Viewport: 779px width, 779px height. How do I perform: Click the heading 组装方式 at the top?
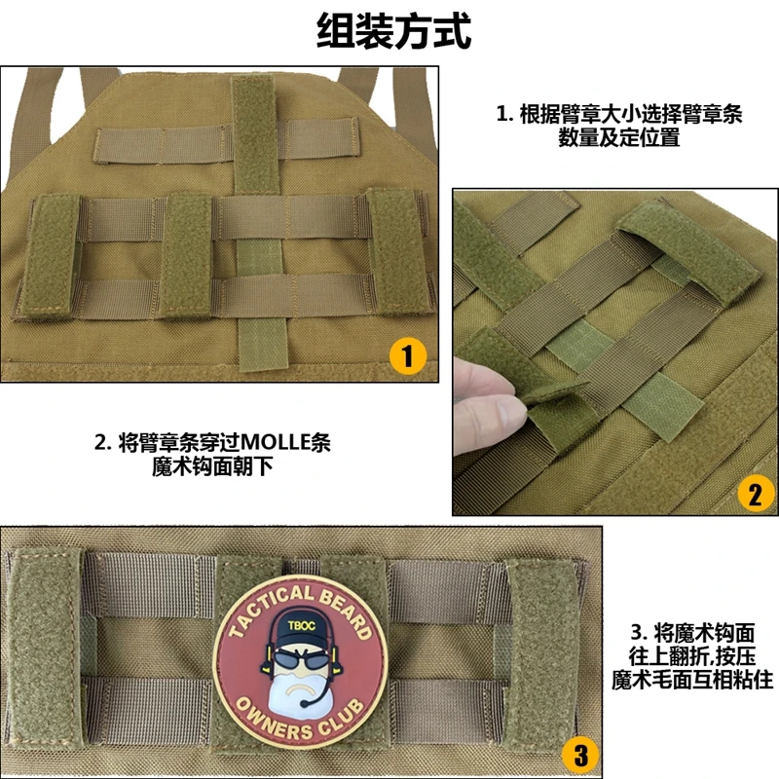(393, 31)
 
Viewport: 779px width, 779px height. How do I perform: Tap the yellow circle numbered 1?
(407, 356)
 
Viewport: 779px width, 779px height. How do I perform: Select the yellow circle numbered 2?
(756, 495)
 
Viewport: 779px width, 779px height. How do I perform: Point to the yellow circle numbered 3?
(580, 755)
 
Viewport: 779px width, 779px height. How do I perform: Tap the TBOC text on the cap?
(302, 625)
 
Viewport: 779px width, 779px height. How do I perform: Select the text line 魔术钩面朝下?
(212, 467)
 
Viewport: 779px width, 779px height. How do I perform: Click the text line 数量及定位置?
(619, 137)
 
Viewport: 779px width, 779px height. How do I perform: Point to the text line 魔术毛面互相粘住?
(692, 680)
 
